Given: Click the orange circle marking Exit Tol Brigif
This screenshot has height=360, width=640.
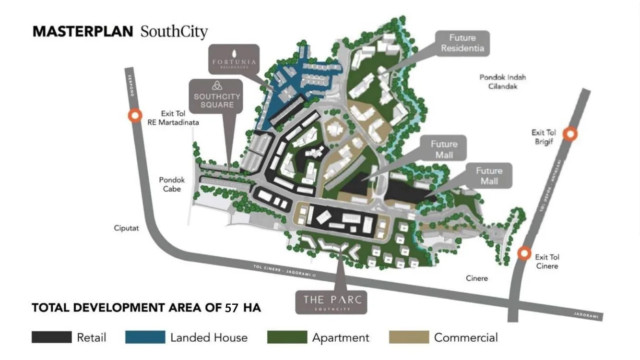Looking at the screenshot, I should coord(569,134).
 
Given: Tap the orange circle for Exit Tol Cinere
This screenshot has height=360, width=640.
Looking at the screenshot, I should coord(524,253).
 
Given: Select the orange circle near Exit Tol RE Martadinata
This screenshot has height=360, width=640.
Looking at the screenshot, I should coord(135,116).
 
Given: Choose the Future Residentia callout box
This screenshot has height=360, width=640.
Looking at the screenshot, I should coord(462,43).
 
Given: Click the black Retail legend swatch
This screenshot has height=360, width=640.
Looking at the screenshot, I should coord(51,337).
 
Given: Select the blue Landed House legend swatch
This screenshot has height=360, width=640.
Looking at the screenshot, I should coord(145,337).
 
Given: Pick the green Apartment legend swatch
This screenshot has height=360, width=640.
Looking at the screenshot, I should coord(287,337).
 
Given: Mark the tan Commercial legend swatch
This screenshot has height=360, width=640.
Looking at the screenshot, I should coord(409,337).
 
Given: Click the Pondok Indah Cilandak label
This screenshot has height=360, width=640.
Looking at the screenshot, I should coord(499,82).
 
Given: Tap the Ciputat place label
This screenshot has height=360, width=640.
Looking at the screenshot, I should coord(127,228).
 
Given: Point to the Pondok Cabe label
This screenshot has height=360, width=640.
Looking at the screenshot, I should coord(172,184).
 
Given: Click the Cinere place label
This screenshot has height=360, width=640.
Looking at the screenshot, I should coord(476,278).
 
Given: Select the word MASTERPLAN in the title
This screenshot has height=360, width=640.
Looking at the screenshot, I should coord(83,32).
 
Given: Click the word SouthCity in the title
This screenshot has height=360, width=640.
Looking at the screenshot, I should coord(174,32).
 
